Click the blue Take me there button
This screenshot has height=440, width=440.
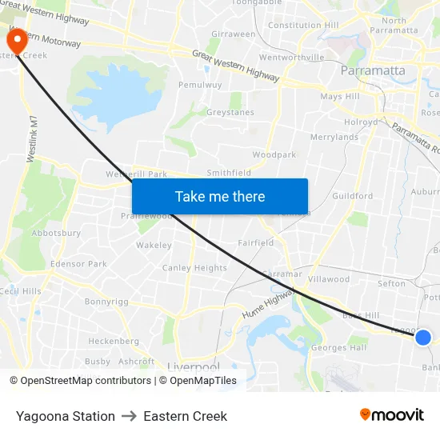point(220,196)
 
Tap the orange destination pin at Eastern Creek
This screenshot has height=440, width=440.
point(16,40)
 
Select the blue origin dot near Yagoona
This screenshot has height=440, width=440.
point(423,338)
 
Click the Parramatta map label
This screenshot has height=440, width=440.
point(373,70)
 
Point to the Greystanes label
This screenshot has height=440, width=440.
point(230,113)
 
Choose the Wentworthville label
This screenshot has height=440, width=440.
point(292,58)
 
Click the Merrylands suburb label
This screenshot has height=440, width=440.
point(334,137)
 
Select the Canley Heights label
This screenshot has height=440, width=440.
point(194,268)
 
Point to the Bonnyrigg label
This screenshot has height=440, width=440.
point(106,302)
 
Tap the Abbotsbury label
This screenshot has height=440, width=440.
point(56,233)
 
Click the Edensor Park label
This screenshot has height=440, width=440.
point(78,264)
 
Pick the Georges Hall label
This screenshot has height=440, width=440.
point(338,347)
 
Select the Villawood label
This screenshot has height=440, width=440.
point(329,279)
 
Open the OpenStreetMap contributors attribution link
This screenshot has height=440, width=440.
point(86,381)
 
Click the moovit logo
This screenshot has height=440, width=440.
point(392,414)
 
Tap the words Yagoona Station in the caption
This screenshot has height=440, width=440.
point(66,416)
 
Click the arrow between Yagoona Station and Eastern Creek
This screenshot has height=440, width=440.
point(130,416)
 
